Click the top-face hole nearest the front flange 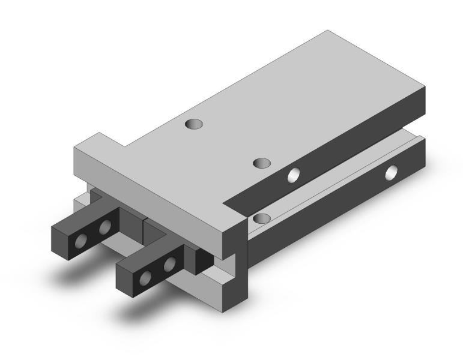pyautogui.click(x=193, y=124)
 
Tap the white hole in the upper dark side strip pyautogui.click(x=294, y=175)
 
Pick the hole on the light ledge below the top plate pyautogui.click(x=261, y=218)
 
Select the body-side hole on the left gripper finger pyautogui.click(x=106, y=227)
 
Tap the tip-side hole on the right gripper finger pyautogui.click(x=146, y=277)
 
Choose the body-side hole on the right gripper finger pyautogui.click(x=170, y=263)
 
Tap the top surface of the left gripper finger pyautogui.click(x=87, y=216)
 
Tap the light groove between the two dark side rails pyautogui.click(x=336, y=180)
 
